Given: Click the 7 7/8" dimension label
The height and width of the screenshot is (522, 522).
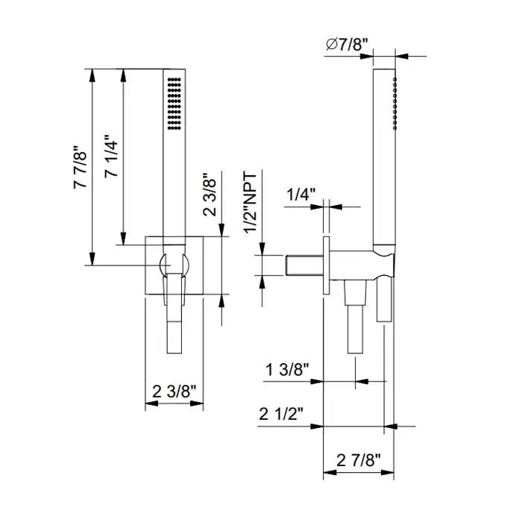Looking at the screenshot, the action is (x=81, y=167).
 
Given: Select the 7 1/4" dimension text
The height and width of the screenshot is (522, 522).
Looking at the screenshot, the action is (x=111, y=156).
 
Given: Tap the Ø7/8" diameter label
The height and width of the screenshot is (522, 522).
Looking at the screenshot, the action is (x=348, y=45).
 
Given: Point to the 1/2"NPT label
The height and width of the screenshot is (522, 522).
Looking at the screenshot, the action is (x=251, y=203).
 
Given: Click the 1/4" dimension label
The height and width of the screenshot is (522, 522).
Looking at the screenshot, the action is (x=301, y=194).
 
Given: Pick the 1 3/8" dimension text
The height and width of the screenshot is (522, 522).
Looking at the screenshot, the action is (x=287, y=370).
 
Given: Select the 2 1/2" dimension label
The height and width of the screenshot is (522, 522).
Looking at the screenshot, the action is (x=281, y=414).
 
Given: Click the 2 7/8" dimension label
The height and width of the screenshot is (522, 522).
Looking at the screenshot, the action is (x=358, y=460).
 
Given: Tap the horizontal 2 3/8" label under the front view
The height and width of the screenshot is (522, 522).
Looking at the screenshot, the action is (x=174, y=391).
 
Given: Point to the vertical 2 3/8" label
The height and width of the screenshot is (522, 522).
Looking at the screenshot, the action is (x=210, y=195).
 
